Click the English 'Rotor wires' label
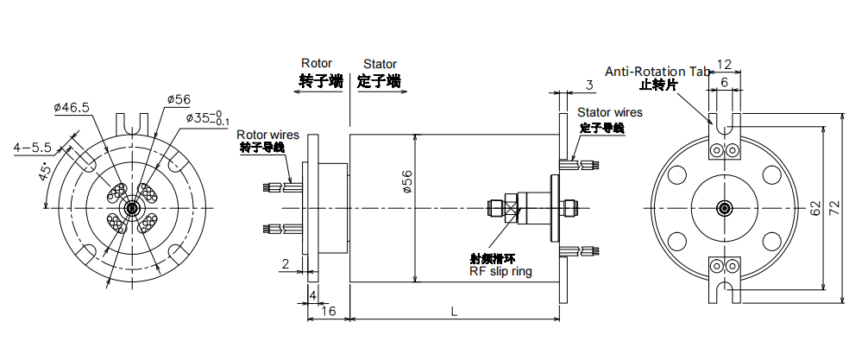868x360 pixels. [x=267, y=135]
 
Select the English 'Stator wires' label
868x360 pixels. [x=610, y=112]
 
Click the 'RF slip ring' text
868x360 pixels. [x=500, y=272]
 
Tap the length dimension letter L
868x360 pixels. [x=454, y=310]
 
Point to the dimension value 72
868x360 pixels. [x=834, y=208]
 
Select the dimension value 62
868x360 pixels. [x=815, y=208]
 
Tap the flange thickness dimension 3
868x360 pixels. [x=589, y=85]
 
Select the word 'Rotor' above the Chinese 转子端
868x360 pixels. [x=316, y=64]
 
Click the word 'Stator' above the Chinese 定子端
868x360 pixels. [x=380, y=64]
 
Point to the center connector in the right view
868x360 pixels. [x=724, y=208]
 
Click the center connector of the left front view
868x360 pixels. [x=132, y=208]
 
